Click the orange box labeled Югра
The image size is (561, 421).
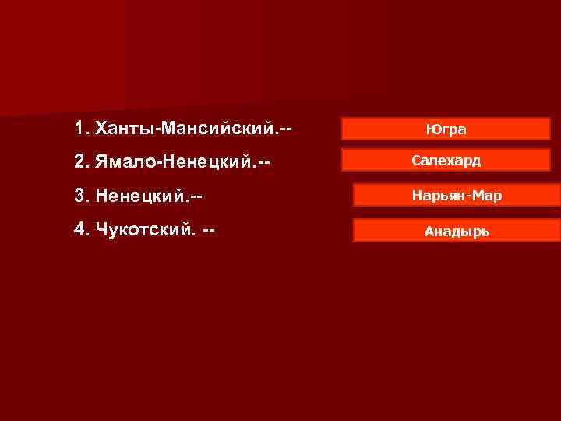point(446,129)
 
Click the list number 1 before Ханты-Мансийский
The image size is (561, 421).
point(79,127)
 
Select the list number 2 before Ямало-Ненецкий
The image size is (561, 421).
point(79,162)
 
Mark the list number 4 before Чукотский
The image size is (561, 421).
point(79,232)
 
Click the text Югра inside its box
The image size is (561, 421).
point(446,129)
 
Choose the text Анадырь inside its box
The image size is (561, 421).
point(457,231)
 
